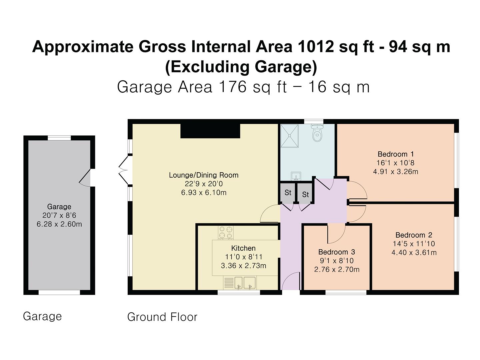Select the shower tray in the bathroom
coord(291,136)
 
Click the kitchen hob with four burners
coord(226,233)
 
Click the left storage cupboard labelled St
coord(288,193)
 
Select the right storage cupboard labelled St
coord(305,194)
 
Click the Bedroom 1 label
coord(396,154)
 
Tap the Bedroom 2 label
coord(414,235)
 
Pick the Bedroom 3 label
coord(336,252)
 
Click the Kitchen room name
coord(243,248)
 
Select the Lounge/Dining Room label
coord(204,175)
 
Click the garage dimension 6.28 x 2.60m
coord(59,224)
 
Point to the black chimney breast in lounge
coord(210,131)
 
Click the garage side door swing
coord(85,178)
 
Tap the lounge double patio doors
coord(124,170)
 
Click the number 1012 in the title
coord(316,47)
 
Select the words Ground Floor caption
coord(162,317)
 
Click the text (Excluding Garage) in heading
coord(241,67)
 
